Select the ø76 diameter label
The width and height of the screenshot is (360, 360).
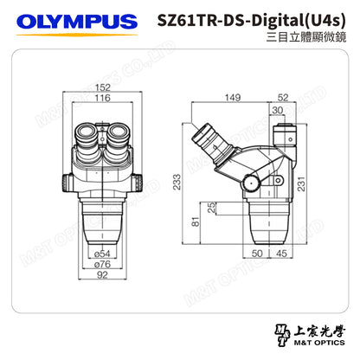tap(101, 264)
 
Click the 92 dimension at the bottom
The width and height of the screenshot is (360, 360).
tap(101, 276)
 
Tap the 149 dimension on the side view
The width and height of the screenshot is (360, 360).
tap(232, 97)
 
